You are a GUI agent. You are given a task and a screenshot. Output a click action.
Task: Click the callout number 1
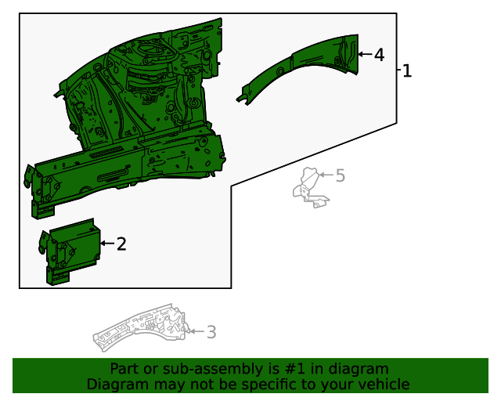(407, 70)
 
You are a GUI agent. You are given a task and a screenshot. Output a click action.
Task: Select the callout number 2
(121, 244)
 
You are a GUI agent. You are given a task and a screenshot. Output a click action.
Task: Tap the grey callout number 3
(211, 333)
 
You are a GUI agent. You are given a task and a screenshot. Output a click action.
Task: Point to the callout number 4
(379, 55)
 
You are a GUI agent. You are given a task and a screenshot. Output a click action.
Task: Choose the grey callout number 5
(340, 175)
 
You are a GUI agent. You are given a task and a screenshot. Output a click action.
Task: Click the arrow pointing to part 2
(106, 244)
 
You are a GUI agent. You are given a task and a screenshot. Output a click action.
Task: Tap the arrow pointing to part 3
(196, 333)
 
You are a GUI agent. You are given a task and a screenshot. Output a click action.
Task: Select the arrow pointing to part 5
(326, 175)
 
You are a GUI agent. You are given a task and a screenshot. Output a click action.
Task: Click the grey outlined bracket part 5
(311, 189)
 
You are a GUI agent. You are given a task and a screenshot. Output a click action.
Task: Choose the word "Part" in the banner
(124, 369)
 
